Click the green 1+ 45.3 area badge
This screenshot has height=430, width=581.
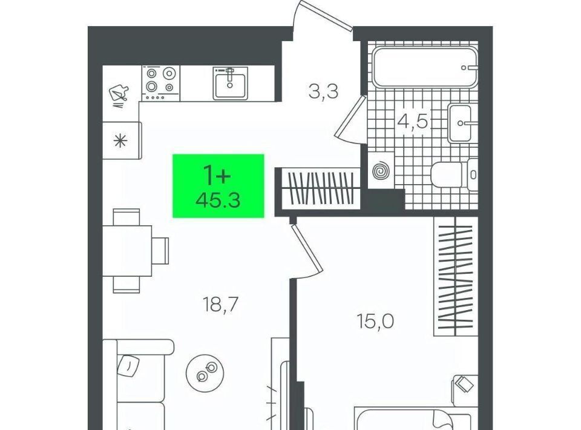point(218,186)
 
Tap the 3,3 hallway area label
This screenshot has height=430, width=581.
point(323,91)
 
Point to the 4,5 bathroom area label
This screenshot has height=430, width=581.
point(413,121)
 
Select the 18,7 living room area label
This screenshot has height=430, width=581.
point(220,305)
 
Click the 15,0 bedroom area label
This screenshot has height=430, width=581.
point(375,321)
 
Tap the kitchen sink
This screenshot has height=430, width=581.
point(230,84)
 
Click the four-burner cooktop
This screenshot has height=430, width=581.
point(160,83)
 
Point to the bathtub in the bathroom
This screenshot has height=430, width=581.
point(425,67)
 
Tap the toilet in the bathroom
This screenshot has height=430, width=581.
point(455,174)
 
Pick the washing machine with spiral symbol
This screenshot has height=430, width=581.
point(381,171)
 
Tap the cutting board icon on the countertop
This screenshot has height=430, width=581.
point(119,93)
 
